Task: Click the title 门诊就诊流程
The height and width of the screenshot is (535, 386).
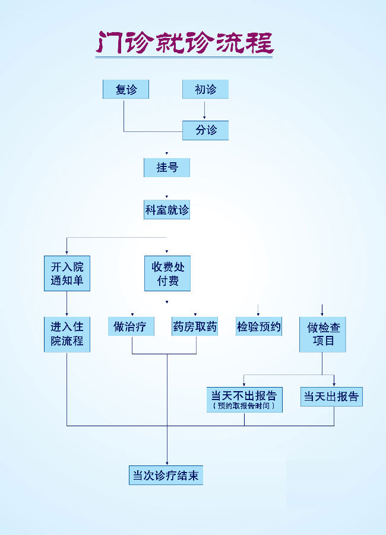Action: click(x=184, y=42)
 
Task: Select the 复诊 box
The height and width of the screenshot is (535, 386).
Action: click(x=125, y=89)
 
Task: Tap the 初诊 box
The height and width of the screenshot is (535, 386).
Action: click(x=205, y=89)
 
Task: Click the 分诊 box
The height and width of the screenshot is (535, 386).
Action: click(x=205, y=130)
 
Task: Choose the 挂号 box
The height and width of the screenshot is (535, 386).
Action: click(x=167, y=167)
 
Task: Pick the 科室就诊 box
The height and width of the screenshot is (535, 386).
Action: click(x=167, y=210)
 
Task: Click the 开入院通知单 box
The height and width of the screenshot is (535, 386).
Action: click(x=67, y=273)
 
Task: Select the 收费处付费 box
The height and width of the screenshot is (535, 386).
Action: click(x=167, y=273)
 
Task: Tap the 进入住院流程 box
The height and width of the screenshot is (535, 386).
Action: click(x=67, y=334)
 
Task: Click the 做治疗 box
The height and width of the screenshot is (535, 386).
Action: click(x=131, y=326)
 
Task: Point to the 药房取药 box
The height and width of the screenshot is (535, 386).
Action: click(x=195, y=326)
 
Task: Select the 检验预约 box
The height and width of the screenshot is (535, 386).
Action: click(x=259, y=326)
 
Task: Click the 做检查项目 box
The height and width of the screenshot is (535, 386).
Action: click(x=322, y=334)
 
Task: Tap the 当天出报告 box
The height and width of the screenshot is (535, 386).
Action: click(x=331, y=396)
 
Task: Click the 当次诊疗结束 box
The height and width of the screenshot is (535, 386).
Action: click(x=166, y=476)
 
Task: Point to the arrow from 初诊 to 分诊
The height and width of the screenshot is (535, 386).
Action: click(x=204, y=109)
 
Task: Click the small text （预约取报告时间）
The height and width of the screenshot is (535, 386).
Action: click(x=244, y=406)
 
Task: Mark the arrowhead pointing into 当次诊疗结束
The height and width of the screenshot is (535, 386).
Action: click(x=167, y=463)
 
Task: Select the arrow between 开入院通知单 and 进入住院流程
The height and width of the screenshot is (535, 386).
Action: click(x=67, y=303)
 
